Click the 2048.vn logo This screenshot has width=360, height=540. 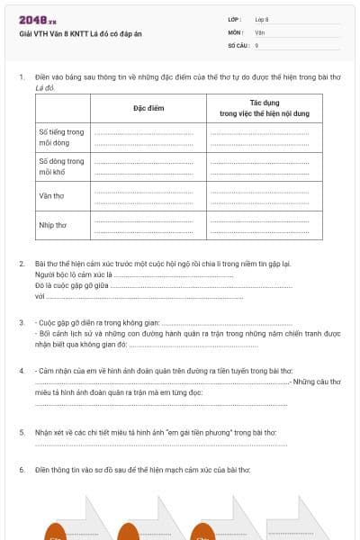tap(37, 20)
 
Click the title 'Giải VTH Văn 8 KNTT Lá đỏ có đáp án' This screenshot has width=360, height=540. tap(80, 33)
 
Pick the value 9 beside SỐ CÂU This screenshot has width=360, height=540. tap(257, 44)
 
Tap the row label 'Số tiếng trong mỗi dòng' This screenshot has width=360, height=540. tap(61, 137)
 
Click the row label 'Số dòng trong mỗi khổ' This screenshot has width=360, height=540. tap(61, 166)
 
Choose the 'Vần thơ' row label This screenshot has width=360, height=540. tap(52, 194)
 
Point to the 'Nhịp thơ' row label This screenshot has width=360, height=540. tap(53, 224)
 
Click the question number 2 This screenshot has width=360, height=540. tap(22, 264)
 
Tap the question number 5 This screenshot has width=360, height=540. tap(22, 432)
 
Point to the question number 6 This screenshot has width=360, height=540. tap(22, 470)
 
